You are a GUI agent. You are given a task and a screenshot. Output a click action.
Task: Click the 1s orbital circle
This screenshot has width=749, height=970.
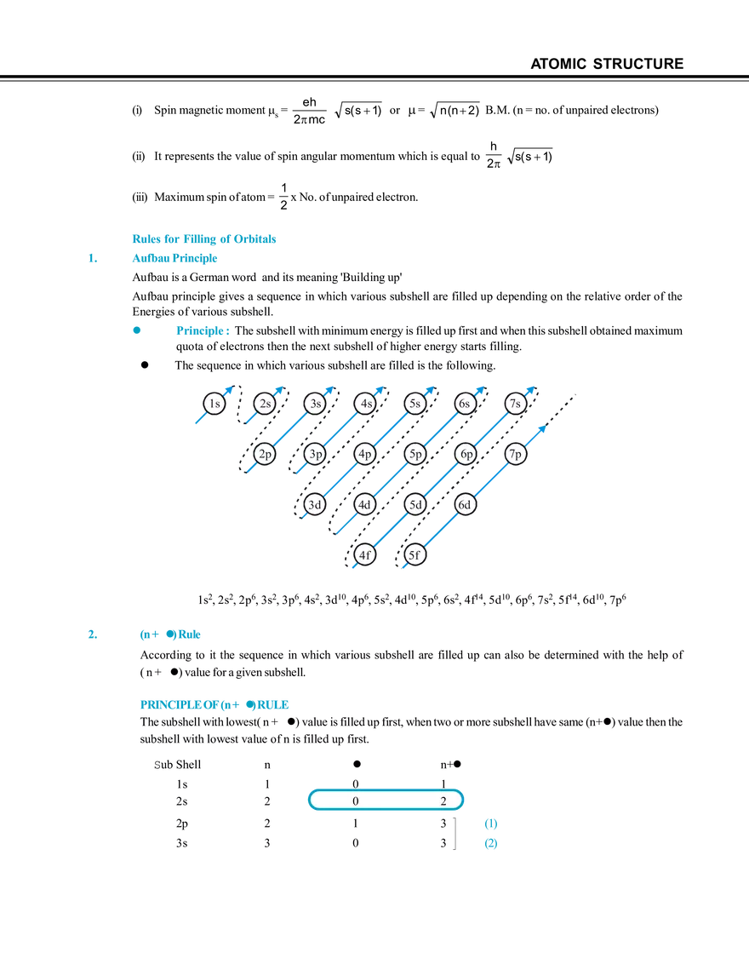pyautogui.click(x=214, y=404)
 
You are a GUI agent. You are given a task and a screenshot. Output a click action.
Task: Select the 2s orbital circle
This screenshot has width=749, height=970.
pyautogui.click(x=265, y=404)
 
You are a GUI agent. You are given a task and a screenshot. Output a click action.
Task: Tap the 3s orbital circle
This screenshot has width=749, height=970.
pyautogui.click(x=315, y=404)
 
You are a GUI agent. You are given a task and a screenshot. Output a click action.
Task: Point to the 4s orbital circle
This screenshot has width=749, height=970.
pyautogui.click(x=365, y=404)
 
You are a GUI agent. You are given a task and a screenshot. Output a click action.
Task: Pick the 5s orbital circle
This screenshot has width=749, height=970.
pyautogui.click(x=415, y=404)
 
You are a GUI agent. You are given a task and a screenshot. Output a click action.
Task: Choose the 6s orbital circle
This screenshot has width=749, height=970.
pyautogui.click(x=465, y=404)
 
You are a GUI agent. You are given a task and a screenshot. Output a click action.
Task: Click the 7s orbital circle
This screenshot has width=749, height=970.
pyautogui.click(x=515, y=404)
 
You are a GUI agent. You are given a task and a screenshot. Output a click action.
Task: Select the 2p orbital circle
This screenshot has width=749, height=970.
pyautogui.click(x=265, y=455)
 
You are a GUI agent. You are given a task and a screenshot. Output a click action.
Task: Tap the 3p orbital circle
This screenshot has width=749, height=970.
pyautogui.click(x=315, y=455)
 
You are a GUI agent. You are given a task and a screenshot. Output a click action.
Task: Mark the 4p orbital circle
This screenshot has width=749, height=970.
pyautogui.click(x=365, y=455)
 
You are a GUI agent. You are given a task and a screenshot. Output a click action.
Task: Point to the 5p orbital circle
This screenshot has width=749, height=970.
pyautogui.click(x=415, y=455)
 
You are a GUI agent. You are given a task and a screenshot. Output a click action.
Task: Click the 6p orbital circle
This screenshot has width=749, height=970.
pyautogui.click(x=465, y=455)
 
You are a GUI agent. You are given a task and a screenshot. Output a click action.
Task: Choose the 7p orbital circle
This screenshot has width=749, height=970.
pyautogui.click(x=515, y=455)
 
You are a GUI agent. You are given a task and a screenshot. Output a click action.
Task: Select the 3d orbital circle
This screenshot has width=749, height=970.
pyautogui.click(x=315, y=505)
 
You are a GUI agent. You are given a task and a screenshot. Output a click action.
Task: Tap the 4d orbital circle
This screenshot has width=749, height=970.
pyautogui.click(x=365, y=505)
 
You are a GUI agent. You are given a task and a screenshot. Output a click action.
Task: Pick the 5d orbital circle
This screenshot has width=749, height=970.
pyautogui.click(x=415, y=505)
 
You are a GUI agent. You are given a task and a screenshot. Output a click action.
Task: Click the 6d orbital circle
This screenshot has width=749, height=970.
pyautogui.click(x=465, y=505)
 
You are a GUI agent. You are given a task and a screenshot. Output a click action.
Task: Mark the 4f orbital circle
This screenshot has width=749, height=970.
pyautogui.click(x=365, y=555)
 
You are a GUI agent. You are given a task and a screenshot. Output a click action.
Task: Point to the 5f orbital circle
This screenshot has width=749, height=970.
pyautogui.click(x=415, y=555)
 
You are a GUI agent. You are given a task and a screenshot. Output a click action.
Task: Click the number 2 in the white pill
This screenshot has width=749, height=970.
pyautogui.click(x=443, y=801)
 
